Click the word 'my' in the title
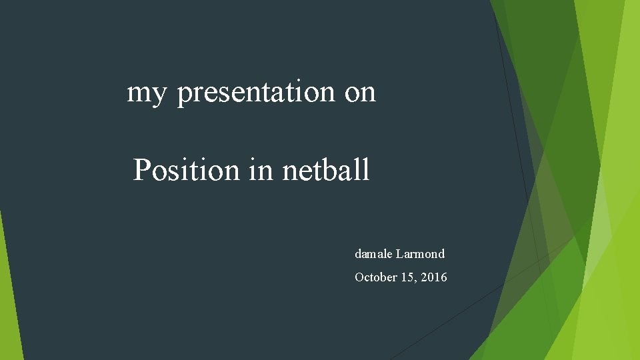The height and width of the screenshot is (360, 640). click(146, 93)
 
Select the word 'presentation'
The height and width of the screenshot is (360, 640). click(257, 93)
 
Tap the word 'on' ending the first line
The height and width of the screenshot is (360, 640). click(360, 93)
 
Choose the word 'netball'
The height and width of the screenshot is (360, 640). click(325, 171)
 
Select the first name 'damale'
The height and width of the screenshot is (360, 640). click(373, 254)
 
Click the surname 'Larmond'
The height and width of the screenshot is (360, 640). click(420, 254)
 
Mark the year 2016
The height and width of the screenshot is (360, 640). click(434, 277)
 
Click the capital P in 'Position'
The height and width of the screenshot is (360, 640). click(141, 171)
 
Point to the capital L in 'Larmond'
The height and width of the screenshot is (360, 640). click(399, 254)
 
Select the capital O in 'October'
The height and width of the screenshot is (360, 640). click(359, 277)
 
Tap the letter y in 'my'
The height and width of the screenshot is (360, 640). click(157, 95)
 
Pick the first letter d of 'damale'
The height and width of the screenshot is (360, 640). click(358, 254)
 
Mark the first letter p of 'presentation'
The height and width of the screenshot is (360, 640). click(183, 95)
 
